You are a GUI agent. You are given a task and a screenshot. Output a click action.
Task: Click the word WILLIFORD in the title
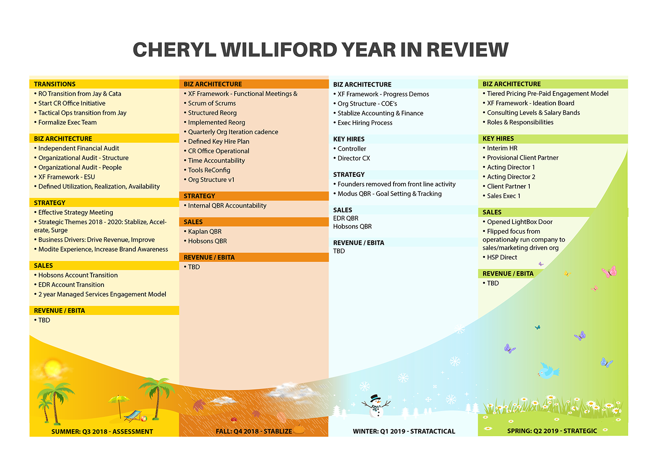[279, 50]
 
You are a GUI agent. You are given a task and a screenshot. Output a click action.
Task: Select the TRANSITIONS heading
[55, 84]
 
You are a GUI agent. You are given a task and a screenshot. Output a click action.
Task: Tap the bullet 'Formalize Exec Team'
[67, 122]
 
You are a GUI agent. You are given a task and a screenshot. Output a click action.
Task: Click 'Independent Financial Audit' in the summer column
[79, 148]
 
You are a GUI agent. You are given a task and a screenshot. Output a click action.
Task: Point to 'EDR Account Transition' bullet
[71, 285]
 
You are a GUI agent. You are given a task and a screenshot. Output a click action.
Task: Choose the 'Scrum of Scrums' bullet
[212, 103]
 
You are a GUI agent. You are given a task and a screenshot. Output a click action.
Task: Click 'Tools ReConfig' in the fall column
[209, 170]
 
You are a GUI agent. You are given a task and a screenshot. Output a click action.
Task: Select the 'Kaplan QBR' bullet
[205, 232]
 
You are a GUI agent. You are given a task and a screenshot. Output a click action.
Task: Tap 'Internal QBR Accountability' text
[227, 205]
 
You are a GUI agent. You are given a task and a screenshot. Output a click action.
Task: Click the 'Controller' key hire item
[352, 148]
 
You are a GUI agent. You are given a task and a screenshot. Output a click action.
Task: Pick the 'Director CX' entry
[354, 158]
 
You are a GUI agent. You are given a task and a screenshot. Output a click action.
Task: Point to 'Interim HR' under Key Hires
[502, 148]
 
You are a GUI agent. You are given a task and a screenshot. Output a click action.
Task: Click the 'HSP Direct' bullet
[502, 257]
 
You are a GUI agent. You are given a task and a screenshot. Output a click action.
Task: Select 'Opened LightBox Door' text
[520, 222]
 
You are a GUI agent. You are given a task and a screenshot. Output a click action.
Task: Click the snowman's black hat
[375, 398]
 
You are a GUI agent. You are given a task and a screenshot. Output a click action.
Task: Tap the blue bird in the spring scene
[548, 370]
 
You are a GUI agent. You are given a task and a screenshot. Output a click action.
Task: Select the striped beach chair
[133, 416]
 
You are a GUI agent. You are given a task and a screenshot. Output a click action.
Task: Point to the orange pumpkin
[299, 429]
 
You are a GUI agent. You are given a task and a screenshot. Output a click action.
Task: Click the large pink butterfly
[609, 272]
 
